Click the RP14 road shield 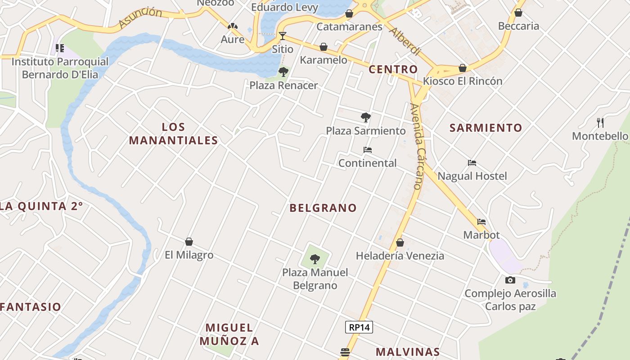[x=359, y=327]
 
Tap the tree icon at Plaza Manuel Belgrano [x=315, y=259]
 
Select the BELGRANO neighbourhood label [x=323, y=208]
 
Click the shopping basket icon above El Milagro [x=189, y=242]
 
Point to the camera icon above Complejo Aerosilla [x=510, y=280]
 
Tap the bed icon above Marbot [x=481, y=222]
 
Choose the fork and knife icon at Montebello [x=600, y=122]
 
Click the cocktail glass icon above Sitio [x=283, y=36]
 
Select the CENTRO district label [x=393, y=69]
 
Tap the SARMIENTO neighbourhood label [x=486, y=128]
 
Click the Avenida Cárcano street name [x=417, y=146]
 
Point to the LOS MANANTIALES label [x=174, y=134]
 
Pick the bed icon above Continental [x=368, y=150]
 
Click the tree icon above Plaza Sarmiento [x=366, y=117]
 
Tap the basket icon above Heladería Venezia [x=400, y=243]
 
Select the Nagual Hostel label [x=472, y=176]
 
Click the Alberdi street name [x=405, y=41]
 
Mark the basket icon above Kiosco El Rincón [x=463, y=68]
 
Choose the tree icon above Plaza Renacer [x=283, y=72]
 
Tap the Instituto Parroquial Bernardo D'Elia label [x=60, y=68]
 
